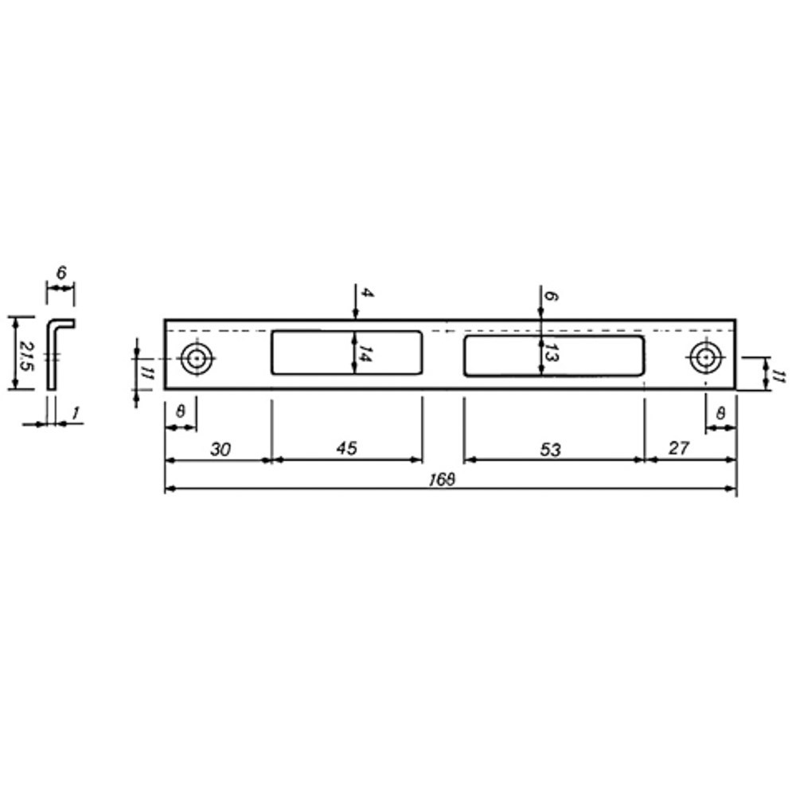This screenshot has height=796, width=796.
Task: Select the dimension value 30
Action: coord(220,449)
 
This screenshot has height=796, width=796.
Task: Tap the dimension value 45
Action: coord(346,449)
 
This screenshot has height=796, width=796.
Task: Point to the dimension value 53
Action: coord(550,450)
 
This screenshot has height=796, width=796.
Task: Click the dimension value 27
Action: coord(679,448)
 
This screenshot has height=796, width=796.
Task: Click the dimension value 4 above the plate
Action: coord(365,293)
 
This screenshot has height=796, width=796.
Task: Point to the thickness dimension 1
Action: coord(75,414)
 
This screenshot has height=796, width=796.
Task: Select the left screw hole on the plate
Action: coord(195,359)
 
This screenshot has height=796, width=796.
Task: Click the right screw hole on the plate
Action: coord(704,357)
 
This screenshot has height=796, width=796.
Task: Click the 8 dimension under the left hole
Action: coord(181,413)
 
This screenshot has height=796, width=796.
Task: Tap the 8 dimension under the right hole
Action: coord(721,413)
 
